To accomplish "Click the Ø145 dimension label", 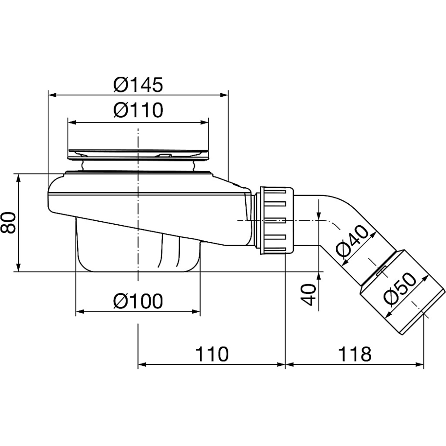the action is pyautogui.click(x=138, y=84).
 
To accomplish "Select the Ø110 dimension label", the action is pyautogui.click(x=138, y=110).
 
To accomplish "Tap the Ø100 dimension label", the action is pyautogui.click(x=138, y=301).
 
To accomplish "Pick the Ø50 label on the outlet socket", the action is pyautogui.click(x=400, y=289).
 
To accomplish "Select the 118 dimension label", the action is pyautogui.click(x=355, y=354).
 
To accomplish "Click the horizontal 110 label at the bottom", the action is pyautogui.click(x=212, y=354).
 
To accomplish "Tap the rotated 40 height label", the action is pyautogui.click(x=309, y=294).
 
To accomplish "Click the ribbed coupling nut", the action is pyautogui.click(x=277, y=220).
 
